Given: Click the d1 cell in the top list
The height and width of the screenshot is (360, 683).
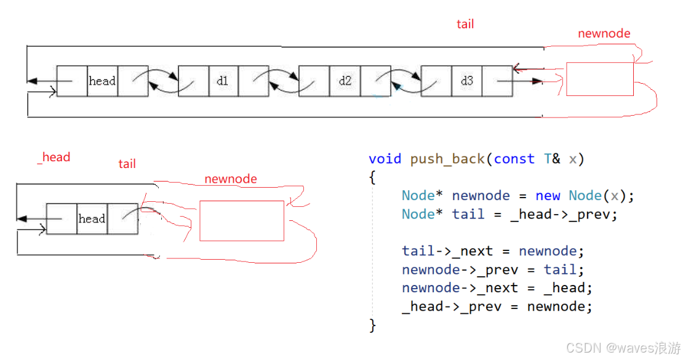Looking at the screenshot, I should point(223,81).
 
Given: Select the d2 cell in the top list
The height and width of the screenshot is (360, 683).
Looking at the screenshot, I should point(345,81).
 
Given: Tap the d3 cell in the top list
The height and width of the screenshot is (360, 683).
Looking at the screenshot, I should point(466,81).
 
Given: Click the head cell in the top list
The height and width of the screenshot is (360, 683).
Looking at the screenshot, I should point(102,81).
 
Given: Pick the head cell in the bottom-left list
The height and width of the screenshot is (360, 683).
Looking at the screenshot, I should point(92,218).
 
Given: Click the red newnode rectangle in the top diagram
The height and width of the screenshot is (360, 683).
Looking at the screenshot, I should point(599,79).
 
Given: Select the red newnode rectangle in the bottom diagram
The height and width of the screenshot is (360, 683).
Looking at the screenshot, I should point(242,220).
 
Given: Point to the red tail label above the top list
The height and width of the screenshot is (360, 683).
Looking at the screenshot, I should point(465,24).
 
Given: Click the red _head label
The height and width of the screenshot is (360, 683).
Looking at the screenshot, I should point(54,157).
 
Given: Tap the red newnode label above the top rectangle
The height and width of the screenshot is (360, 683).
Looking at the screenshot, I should point(604,33).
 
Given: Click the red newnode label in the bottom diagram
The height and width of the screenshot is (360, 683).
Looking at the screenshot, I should point(231,179).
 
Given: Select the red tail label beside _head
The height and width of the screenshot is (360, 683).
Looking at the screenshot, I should point(127,164).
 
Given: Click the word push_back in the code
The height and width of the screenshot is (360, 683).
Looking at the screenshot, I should point(448,159).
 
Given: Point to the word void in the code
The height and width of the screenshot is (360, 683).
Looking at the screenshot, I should point(385,159).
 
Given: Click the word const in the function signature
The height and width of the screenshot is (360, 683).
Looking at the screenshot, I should point(514,159).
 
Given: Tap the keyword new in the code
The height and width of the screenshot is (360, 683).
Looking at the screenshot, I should point(548,196).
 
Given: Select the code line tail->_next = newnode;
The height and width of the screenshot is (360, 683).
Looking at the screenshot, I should point(493,251).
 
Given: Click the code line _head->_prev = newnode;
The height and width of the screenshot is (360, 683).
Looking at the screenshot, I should point(497,306).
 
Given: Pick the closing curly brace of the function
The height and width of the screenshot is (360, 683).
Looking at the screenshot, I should point(372,325).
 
